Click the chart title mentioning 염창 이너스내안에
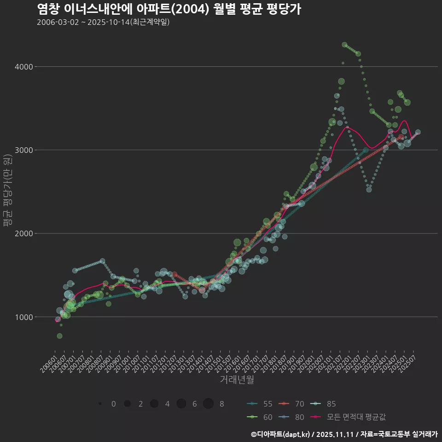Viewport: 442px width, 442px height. click(169, 9)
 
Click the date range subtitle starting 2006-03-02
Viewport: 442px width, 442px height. click(103, 22)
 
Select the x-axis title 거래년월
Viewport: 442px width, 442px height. click(237, 379)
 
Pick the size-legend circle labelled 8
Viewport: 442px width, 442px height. click(208, 404)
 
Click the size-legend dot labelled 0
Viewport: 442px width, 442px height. click(100, 404)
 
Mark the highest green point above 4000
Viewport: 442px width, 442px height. click(344, 45)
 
